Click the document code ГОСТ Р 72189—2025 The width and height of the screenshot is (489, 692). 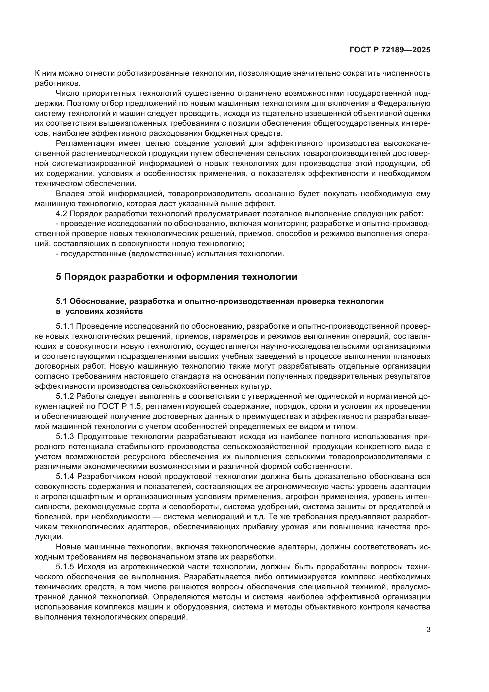[390, 50]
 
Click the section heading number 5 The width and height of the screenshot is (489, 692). [59, 277]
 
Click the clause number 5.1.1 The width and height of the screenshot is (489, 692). [65, 326]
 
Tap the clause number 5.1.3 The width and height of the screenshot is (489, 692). [65, 437]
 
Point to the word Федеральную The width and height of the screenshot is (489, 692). [404, 103]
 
